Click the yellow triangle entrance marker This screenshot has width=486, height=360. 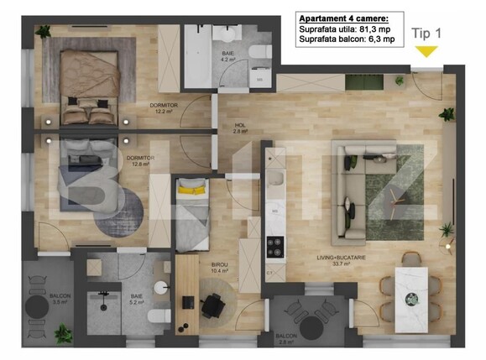(x=426, y=52)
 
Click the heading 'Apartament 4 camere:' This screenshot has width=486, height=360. (x=342, y=17)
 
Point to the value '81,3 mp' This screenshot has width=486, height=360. (x=374, y=28)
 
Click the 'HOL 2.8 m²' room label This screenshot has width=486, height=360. (x=239, y=128)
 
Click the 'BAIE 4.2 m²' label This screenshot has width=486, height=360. (x=226, y=58)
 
